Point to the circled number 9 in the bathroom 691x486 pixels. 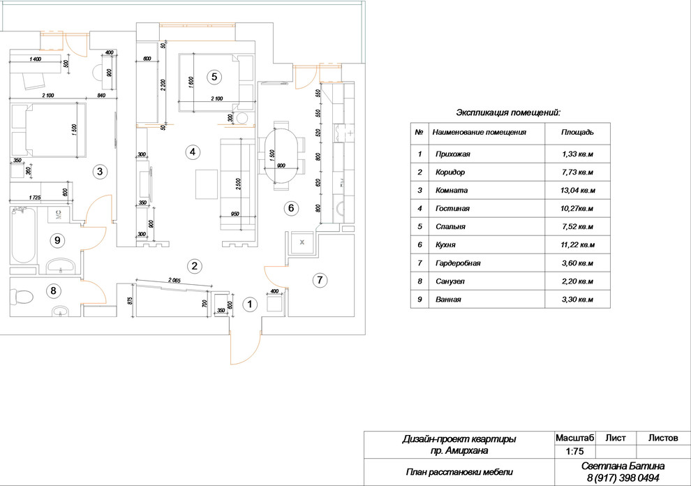(x=58, y=240)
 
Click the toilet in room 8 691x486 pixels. (x=24, y=297)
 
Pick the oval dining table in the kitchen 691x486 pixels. (x=282, y=155)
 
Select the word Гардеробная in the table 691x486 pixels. (x=456, y=263)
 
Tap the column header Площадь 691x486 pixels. (x=577, y=132)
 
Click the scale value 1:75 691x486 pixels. (x=574, y=452)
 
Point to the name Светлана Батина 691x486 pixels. (x=623, y=466)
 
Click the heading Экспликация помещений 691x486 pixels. (x=508, y=112)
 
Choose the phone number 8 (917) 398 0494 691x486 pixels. (x=623, y=478)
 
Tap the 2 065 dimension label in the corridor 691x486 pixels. (x=179, y=279)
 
